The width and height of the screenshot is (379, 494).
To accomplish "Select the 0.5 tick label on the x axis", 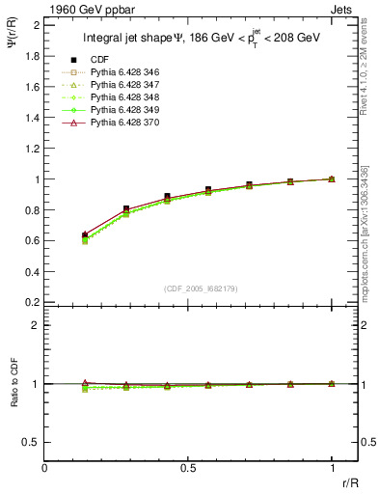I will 188,468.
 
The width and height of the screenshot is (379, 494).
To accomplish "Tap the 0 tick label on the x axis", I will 44,468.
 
